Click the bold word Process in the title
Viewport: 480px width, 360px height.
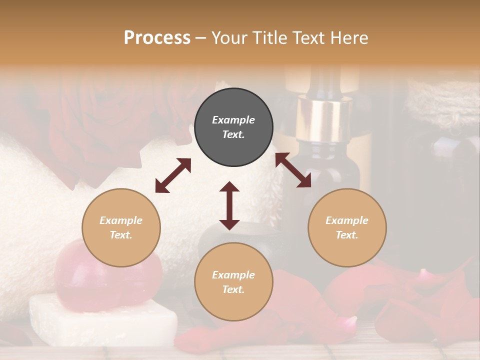[x=157, y=37]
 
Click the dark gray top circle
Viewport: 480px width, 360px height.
[x=233, y=127]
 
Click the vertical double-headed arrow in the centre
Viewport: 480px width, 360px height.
[x=229, y=205]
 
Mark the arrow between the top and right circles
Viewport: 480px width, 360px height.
[x=293, y=170]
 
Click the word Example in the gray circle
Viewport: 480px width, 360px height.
[x=233, y=120]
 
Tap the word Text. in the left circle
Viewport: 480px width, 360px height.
[x=121, y=235]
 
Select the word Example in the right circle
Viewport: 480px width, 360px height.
[x=347, y=220]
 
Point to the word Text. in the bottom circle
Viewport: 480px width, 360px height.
[x=233, y=289]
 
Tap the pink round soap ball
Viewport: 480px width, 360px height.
[x=107, y=270]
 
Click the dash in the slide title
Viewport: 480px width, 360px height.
[x=201, y=38]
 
